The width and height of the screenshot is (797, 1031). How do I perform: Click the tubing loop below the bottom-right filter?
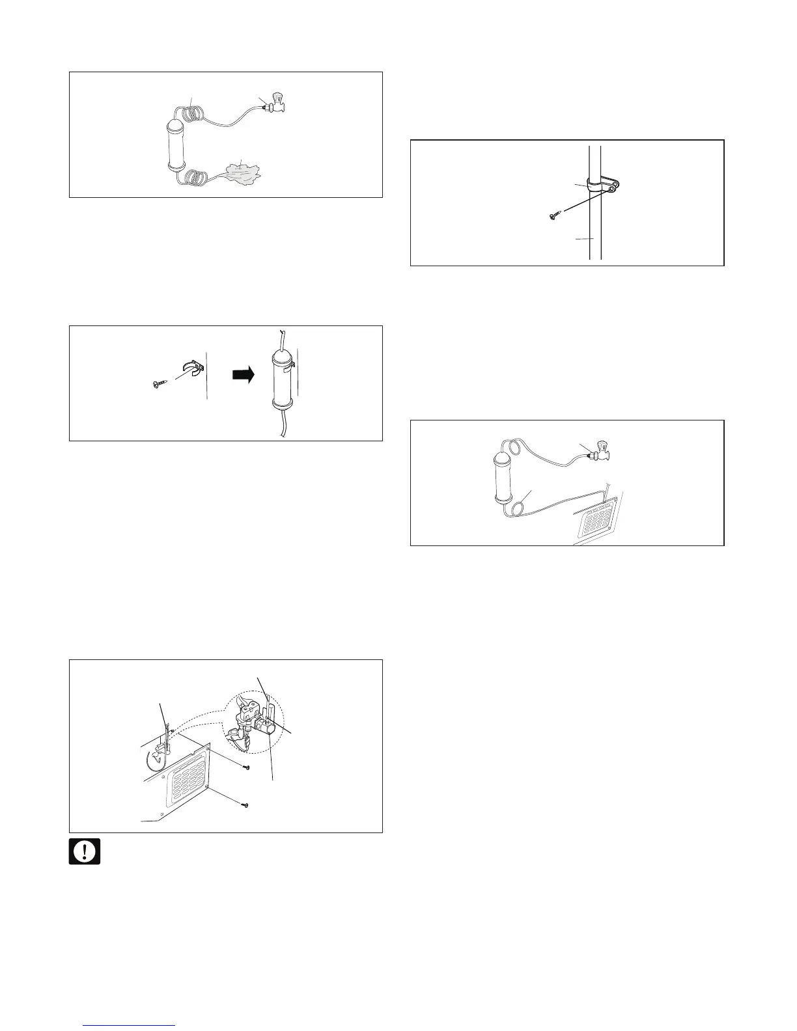coord(522,504)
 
